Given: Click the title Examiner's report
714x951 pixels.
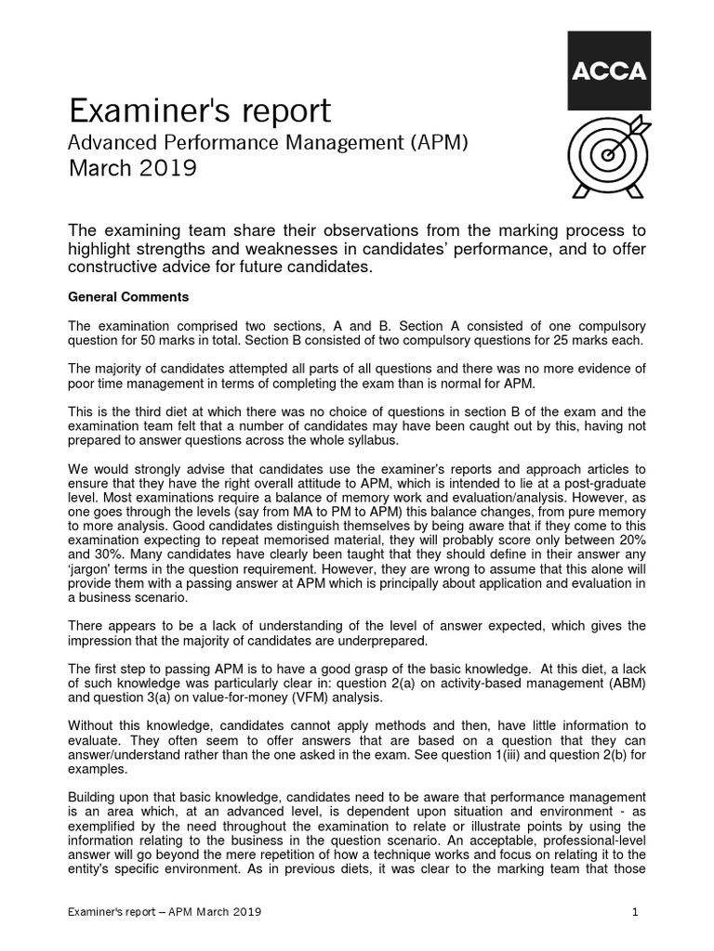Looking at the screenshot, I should (200, 112).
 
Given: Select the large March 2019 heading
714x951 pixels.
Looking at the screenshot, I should (133, 169).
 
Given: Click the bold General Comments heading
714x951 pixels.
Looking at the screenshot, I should (129, 297).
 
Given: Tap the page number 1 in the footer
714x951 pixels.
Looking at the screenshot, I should (635, 913).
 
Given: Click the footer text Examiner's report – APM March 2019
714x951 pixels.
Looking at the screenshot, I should (165, 913).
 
